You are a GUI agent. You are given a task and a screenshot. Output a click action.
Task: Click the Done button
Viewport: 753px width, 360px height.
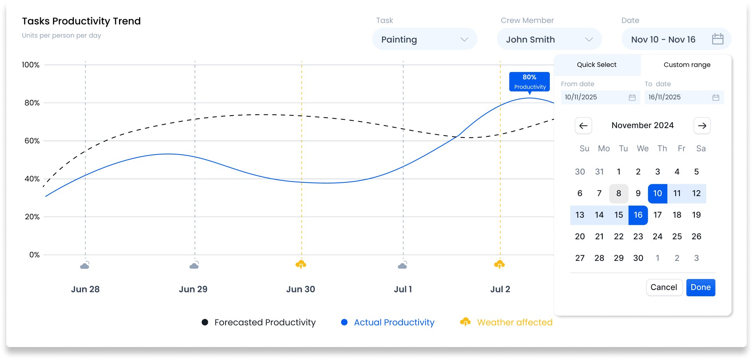[x=700, y=287]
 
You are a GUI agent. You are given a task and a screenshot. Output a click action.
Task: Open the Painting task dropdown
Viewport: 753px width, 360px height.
[x=424, y=39]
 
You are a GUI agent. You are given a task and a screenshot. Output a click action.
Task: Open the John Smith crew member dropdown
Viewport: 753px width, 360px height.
[x=549, y=39]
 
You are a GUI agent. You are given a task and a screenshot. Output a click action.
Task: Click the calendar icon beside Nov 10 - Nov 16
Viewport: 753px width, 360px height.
[x=717, y=39]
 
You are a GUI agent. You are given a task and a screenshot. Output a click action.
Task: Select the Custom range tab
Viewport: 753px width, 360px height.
[x=687, y=65]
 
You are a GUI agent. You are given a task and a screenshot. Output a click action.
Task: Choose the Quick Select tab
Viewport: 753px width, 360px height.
[x=597, y=65]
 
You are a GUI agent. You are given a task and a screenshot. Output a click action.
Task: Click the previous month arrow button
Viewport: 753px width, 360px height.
[x=583, y=126]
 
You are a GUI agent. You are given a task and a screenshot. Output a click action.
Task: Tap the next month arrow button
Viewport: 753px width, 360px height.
[x=702, y=126]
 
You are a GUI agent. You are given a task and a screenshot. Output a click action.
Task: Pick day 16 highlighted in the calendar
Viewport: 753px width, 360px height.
[x=638, y=215]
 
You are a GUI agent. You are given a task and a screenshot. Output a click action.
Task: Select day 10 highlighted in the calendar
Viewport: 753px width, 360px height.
[x=657, y=193]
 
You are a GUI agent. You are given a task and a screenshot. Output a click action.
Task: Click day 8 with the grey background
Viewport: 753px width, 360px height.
[x=619, y=193]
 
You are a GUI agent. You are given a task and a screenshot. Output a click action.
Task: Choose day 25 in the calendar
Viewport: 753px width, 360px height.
[x=677, y=237]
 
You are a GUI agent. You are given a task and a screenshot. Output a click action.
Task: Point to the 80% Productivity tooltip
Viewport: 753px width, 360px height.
[x=529, y=82]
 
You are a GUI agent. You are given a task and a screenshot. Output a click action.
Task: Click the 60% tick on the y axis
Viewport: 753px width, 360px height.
[x=32, y=141]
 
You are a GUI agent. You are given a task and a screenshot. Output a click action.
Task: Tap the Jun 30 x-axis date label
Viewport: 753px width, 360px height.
[x=300, y=289]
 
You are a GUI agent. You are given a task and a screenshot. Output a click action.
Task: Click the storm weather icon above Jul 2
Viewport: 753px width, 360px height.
[x=499, y=264]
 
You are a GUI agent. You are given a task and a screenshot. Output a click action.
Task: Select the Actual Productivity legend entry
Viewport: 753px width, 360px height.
[x=394, y=322]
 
